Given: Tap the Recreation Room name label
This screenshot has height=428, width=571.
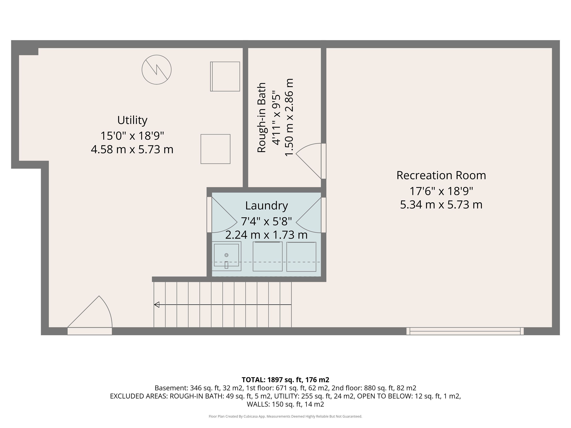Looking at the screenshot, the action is [441, 175].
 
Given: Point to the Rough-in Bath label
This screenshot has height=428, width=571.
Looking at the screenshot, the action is [262, 118].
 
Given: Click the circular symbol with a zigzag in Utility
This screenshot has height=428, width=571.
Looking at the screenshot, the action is [156, 69].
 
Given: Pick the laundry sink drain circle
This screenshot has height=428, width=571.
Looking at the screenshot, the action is [226, 255].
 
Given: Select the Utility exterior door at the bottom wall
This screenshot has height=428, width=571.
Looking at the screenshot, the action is [90, 315].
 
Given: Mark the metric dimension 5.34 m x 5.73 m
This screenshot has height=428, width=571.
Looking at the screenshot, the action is [441, 205].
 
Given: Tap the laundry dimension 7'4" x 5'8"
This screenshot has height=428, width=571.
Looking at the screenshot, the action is [266, 221].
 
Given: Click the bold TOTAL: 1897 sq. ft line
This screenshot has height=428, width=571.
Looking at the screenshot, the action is [285, 380].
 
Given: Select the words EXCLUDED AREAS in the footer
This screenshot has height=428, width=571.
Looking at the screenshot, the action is [139, 396].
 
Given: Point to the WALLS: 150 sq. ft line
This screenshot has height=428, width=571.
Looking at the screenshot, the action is [285, 404].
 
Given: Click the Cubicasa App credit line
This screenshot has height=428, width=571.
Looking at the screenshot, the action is [285, 416].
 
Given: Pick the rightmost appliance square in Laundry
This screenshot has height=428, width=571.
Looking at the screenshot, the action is [301, 257].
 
